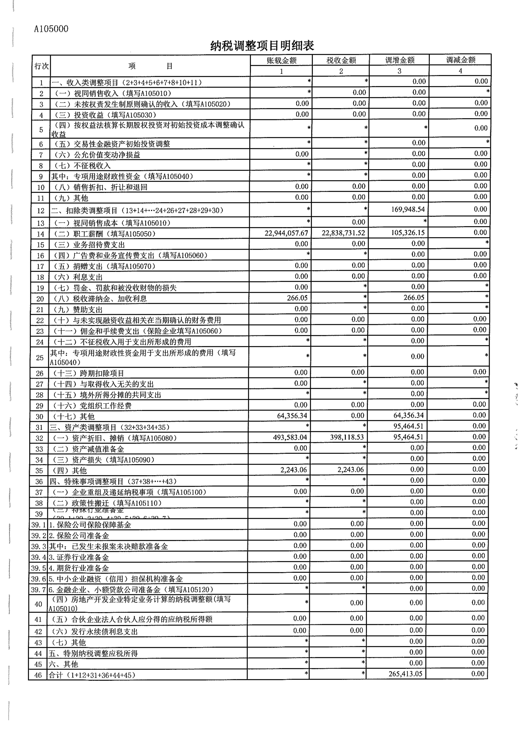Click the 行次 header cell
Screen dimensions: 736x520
[x=41, y=66]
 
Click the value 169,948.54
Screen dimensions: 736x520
[x=408, y=209]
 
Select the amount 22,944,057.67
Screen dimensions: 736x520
[x=286, y=233]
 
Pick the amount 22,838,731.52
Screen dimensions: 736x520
[x=343, y=233]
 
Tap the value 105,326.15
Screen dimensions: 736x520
[x=408, y=233]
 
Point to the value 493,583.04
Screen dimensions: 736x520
[x=290, y=437]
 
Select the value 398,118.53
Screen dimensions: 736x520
[x=347, y=437]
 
